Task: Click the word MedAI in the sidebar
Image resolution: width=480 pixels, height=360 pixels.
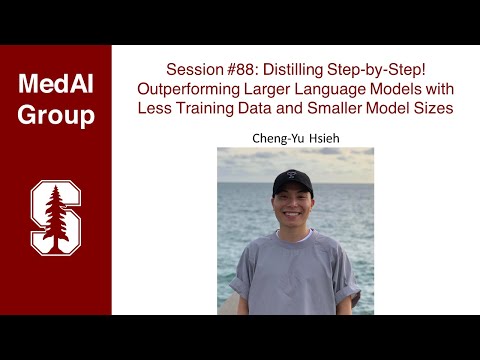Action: click(x=56, y=84)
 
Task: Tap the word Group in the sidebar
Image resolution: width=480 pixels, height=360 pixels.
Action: click(x=56, y=115)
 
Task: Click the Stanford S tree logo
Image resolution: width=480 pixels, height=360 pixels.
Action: click(x=55, y=215)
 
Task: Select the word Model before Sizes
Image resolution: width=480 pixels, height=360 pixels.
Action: click(x=396, y=105)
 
